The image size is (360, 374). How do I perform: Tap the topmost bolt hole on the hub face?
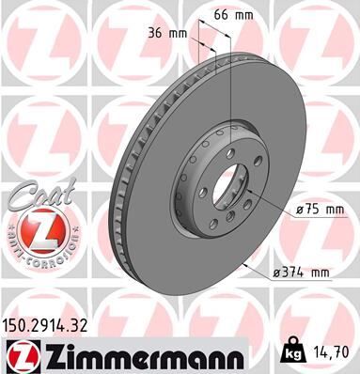[x=229, y=139]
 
